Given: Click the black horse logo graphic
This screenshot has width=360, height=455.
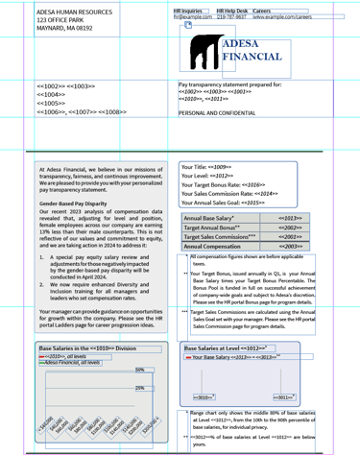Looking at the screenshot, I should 204,54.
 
